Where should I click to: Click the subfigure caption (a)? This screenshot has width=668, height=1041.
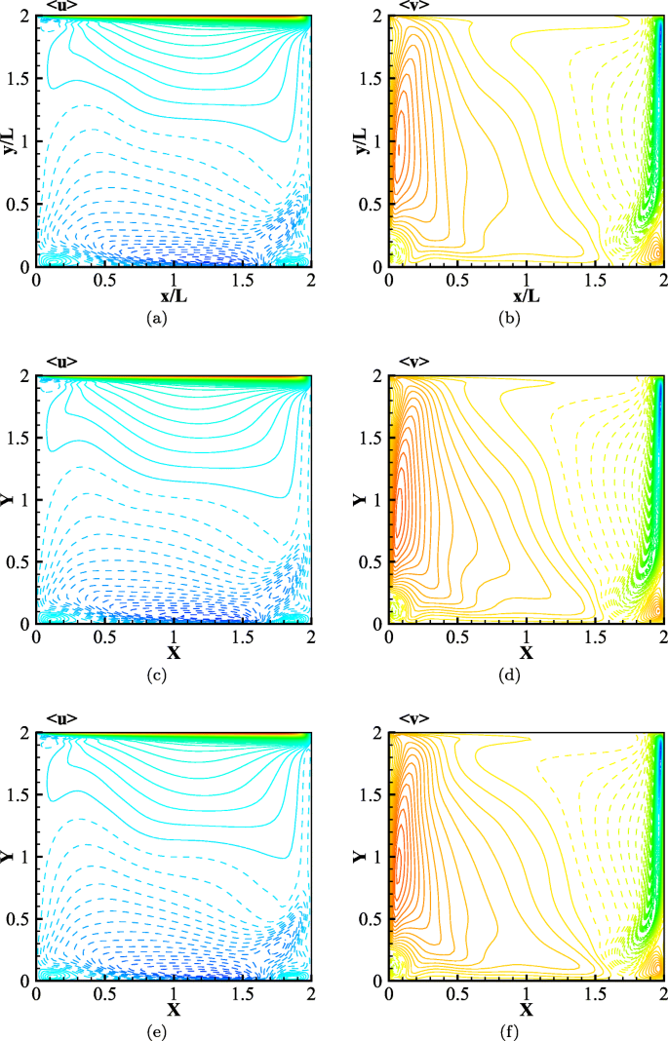click(x=153, y=317)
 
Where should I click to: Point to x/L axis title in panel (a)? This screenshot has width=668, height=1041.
click(x=174, y=295)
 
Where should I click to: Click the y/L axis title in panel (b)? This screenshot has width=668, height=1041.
click(x=362, y=140)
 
